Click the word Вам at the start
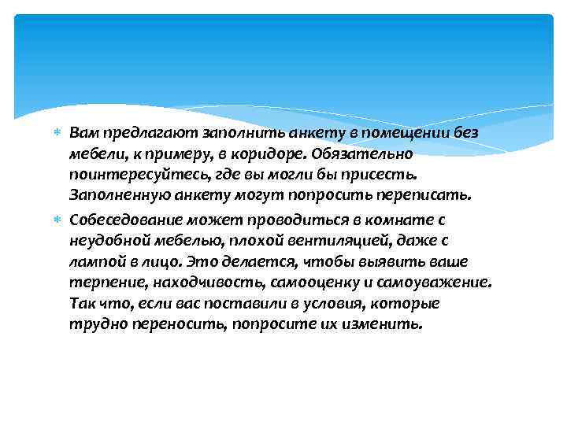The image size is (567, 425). point(83,131)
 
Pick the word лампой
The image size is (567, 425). point(93,261)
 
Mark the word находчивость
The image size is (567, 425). point(192,281)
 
